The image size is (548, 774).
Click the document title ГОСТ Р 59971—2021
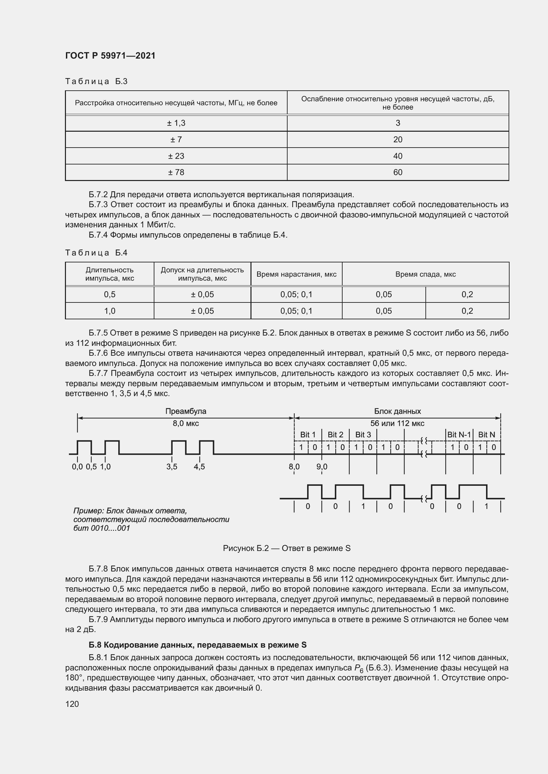click(110, 56)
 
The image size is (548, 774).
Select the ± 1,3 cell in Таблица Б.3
click(176, 123)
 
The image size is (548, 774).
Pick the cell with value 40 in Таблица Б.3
click(398, 156)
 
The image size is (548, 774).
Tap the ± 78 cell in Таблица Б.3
click(176, 172)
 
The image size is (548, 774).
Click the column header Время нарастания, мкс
click(296, 274)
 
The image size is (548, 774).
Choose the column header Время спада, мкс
click(425, 274)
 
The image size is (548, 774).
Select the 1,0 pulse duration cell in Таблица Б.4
click(110, 311)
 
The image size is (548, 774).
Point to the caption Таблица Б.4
click(96, 253)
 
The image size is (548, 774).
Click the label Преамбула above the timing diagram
click(186, 411)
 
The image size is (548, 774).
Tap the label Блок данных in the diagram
click(397, 411)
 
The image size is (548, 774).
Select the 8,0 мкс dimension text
click(186, 424)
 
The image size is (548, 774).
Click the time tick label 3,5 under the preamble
click(172, 467)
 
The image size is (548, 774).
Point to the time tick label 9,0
click(322, 467)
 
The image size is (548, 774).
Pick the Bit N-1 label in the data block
click(459, 435)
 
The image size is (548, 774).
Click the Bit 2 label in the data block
click(335, 435)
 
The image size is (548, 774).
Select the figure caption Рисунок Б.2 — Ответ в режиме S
click(287, 548)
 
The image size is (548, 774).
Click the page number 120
click(72, 704)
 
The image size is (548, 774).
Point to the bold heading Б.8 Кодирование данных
click(197, 645)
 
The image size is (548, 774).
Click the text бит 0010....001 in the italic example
click(102, 528)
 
